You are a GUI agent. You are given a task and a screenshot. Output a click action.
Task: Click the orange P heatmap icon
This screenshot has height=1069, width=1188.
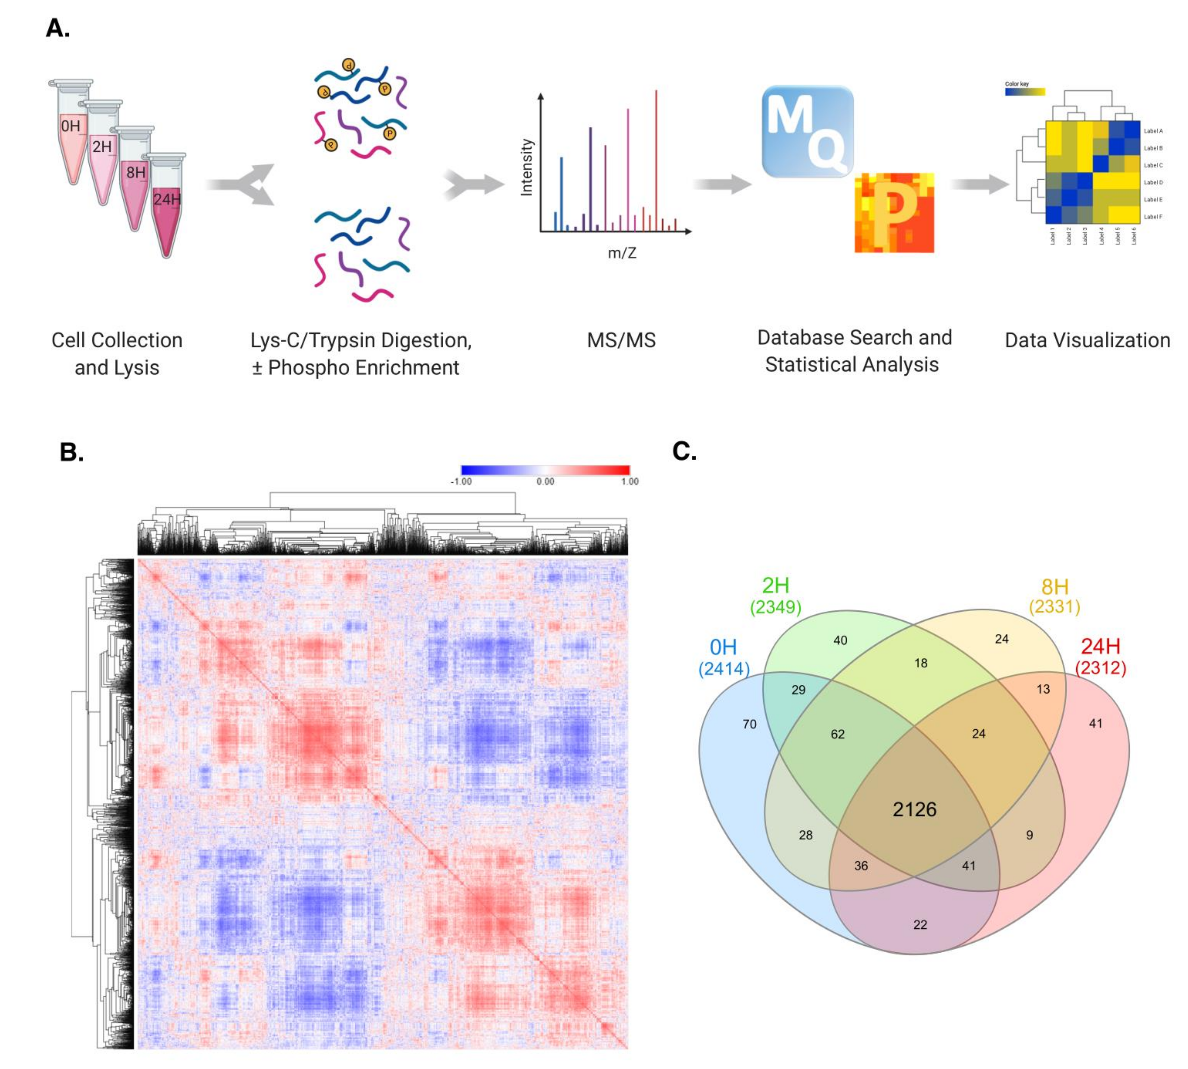[x=894, y=213]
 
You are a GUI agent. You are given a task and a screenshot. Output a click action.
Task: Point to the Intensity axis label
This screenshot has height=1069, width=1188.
[x=526, y=167]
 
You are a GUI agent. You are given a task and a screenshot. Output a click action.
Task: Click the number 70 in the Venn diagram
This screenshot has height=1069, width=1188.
[x=750, y=724]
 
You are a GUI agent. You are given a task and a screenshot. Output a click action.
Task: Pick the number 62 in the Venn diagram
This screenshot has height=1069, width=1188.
[x=837, y=734]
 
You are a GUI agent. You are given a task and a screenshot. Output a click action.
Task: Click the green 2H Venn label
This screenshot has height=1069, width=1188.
[x=775, y=586]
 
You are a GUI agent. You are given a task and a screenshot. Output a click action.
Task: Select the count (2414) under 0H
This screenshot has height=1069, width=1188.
[x=724, y=669]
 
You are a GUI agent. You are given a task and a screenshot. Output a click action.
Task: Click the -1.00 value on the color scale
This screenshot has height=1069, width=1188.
[x=461, y=482]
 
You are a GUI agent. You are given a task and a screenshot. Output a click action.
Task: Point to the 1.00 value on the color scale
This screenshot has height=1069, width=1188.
[x=630, y=482]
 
